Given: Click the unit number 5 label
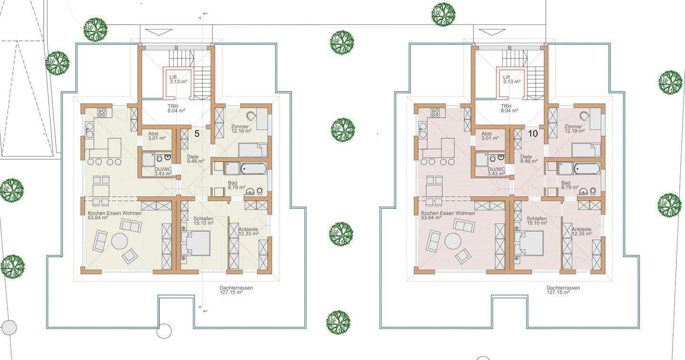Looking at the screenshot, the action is [197, 134].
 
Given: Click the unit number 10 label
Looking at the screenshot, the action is [533, 134].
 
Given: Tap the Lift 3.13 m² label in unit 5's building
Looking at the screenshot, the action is [178, 79].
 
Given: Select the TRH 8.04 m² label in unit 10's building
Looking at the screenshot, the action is [509, 108].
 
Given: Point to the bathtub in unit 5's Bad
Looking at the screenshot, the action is [254, 169].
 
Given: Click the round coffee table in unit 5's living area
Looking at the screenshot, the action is [119, 241].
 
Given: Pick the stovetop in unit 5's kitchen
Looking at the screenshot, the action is [102, 112].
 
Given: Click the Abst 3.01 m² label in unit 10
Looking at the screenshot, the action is [490, 136].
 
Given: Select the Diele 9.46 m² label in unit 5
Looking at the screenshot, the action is [196, 159].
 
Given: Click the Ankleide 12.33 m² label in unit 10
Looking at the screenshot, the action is [582, 231].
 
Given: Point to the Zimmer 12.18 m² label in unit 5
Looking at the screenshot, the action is [241, 129].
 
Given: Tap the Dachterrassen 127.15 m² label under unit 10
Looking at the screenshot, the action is [563, 290].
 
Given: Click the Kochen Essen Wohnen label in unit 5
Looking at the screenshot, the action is [115, 213].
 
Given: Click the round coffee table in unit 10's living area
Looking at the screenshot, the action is [452, 241].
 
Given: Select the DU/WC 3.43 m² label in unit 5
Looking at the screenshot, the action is [163, 172].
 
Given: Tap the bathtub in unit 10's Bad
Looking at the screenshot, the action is [587, 169].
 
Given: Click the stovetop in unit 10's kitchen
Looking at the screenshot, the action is [435, 112].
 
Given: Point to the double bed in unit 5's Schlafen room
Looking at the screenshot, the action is [195, 243].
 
